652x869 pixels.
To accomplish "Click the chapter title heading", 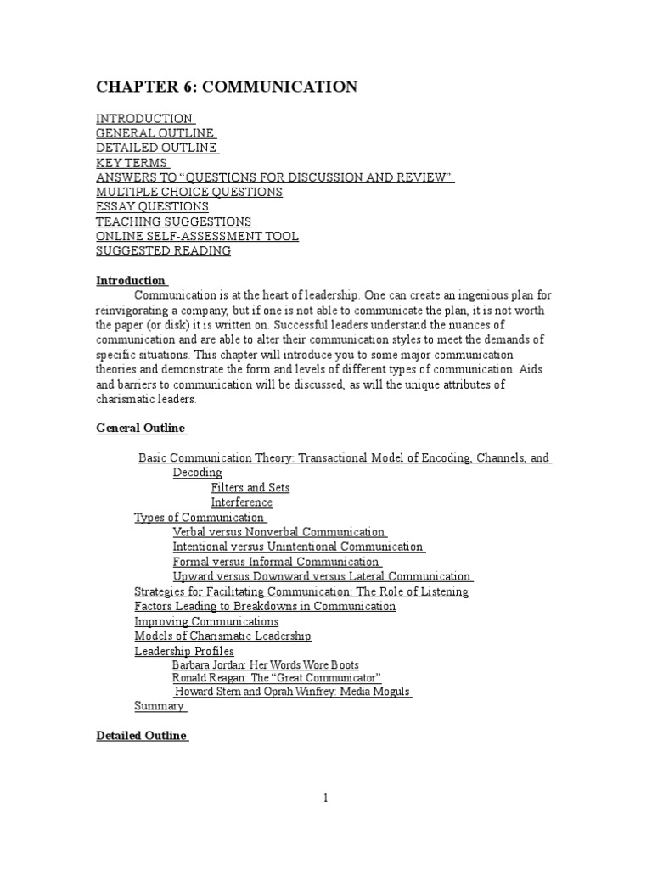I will pos(227,87).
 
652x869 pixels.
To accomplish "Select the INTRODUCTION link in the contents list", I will pos(144,119).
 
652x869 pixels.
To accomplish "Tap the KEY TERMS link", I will pos(132,163).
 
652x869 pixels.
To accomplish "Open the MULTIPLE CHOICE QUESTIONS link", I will pos(189,192).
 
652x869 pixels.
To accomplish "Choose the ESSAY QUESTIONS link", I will pos(152,207).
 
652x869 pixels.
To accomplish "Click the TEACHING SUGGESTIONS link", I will pos(173,221).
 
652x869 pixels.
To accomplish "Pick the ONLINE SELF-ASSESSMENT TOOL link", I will pos(197,236).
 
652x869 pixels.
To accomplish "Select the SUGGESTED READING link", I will pos(163,251).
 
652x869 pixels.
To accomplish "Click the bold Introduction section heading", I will pos(131,281).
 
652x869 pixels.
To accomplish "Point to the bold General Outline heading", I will pos(140,429).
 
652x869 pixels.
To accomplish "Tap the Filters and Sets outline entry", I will pos(250,488).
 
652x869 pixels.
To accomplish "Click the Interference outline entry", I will pos(242,502).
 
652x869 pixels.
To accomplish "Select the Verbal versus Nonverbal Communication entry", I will pos(279,532).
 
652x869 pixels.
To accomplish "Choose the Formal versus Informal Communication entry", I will pos(276,562).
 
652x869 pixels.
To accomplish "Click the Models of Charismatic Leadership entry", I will pos(223,636).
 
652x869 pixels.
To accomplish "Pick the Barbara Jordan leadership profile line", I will pos(266,665).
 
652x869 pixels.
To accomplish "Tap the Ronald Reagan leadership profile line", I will pos(277,678).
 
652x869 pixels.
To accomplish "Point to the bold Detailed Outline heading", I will pos(142,736).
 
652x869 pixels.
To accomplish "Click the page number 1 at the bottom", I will pos(325,798).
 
